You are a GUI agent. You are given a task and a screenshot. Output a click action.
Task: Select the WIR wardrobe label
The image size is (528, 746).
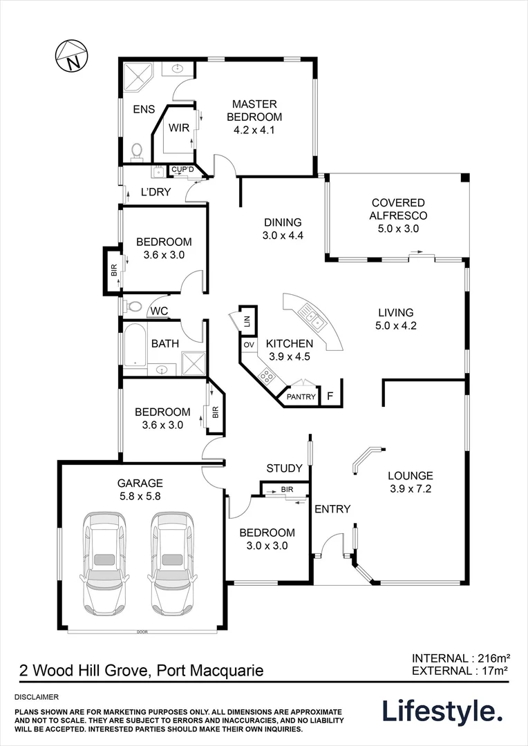[x=179, y=127]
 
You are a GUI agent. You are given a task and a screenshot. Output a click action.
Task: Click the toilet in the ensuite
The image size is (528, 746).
[x=136, y=150]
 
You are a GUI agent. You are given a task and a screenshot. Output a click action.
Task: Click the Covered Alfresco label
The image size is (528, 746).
[x=397, y=215]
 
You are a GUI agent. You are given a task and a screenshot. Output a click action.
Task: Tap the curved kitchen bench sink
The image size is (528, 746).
[x=313, y=318]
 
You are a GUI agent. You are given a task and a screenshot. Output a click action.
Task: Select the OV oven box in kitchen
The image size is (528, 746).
[x=248, y=344]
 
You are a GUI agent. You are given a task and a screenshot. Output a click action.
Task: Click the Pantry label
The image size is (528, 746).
[x=301, y=396]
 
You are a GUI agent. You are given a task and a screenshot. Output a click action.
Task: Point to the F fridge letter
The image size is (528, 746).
[x=330, y=396]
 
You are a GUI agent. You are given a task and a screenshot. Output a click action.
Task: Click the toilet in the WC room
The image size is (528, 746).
[x=133, y=306]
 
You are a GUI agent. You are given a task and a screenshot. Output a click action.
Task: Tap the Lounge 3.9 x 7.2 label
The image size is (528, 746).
[x=410, y=482]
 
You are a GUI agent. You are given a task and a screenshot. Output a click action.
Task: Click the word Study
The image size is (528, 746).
[x=284, y=468]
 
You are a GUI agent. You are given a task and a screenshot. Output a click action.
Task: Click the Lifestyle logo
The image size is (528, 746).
[x=442, y=711]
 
